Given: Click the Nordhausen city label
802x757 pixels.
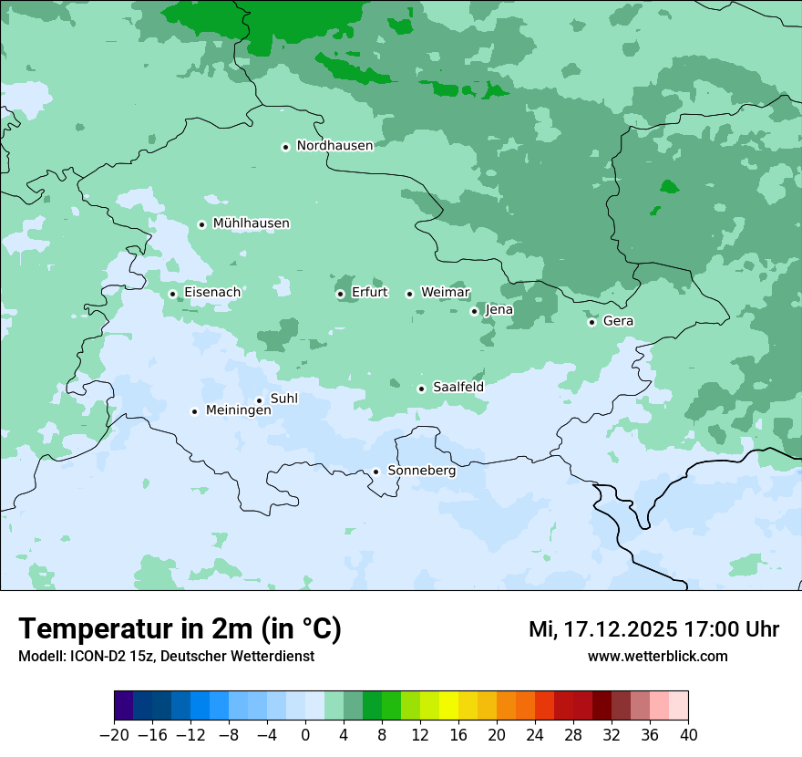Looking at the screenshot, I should (x=334, y=146).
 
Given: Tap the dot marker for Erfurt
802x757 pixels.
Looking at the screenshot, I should (x=340, y=294).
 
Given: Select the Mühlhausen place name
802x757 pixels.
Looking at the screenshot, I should (x=251, y=223).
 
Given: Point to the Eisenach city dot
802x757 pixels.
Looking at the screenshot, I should (x=172, y=294).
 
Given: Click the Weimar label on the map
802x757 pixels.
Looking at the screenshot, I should (x=445, y=293).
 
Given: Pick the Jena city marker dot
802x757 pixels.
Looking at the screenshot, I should (x=474, y=311).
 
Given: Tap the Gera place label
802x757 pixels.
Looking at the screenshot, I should (x=618, y=321).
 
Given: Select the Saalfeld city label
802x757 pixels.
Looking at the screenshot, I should (x=458, y=388).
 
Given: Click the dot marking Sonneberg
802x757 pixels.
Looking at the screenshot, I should (x=375, y=472).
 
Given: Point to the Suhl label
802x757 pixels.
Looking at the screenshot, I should (x=283, y=399).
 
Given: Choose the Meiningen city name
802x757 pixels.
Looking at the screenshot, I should (x=238, y=411).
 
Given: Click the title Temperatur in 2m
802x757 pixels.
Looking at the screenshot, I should (x=180, y=629).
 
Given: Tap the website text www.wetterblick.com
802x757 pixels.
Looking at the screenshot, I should (x=657, y=657).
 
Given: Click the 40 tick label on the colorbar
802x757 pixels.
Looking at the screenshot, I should (x=688, y=735).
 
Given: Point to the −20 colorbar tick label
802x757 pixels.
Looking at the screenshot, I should (x=114, y=735).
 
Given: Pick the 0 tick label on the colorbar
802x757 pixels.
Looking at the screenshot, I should (x=305, y=735).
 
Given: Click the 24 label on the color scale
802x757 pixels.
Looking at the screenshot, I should (x=535, y=735).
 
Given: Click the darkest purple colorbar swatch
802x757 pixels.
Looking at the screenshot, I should (x=123, y=706).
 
